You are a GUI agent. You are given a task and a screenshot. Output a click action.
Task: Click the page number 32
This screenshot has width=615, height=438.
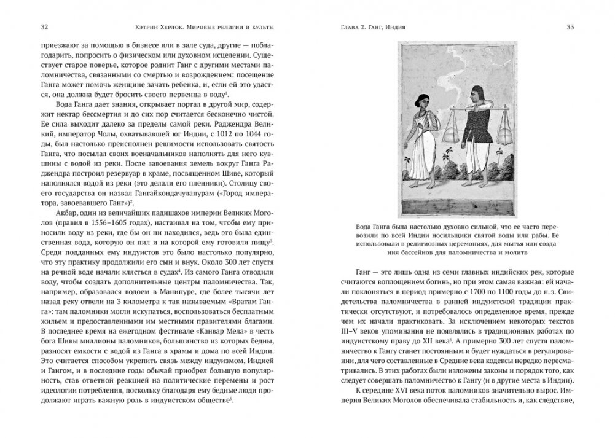tap(44, 27)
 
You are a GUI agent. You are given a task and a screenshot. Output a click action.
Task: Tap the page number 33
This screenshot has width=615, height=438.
tap(570, 27)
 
